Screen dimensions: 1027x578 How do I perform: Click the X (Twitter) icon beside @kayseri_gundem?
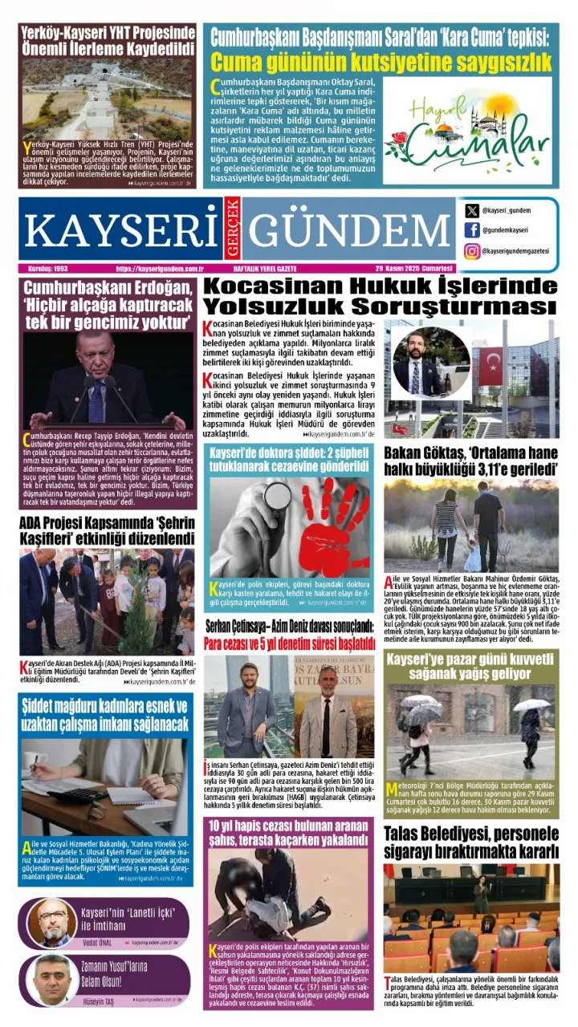pyautogui.click(x=472, y=210)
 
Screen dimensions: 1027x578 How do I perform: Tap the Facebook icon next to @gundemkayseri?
pyautogui.click(x=472, y=230)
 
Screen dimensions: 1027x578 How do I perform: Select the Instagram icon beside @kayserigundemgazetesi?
pyautogui.click(x=472, y=251)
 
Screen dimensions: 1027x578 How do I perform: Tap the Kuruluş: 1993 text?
pyautogui.click(x=47, y=268)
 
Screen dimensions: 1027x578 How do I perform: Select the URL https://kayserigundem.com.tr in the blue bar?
pyautogui.click(x=159, y=268)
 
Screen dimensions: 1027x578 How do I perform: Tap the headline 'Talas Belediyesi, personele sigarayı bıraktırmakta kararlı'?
pyautogui.click(x=471, y=842)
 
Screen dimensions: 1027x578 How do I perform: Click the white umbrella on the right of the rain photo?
pyautogui.click(x=531, y=705)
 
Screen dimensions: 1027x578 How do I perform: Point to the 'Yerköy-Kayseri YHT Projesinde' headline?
pyautogui.click(x=108, y=41)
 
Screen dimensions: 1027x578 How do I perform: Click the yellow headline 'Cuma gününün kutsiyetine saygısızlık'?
pyautogui.click(x=381, y=63)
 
